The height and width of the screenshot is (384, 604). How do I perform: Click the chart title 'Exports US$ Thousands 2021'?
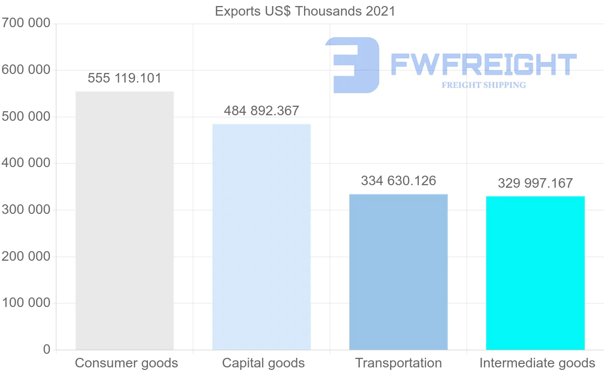tap(305, 11)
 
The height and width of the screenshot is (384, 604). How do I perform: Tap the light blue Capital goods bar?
tap(261, 237)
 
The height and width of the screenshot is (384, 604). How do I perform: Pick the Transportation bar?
tap(398, 272)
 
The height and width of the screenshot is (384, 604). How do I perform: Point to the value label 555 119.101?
tap(124, 79)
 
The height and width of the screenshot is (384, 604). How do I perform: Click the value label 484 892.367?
tap(261, 111)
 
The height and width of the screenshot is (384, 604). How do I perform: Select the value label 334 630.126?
tap(398, 181)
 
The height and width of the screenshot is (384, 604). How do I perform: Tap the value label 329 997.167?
tap(535, 183)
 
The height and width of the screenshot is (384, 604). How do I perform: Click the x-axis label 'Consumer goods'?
tap(126, 363)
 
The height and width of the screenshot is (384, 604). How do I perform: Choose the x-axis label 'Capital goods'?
tap(263, 363)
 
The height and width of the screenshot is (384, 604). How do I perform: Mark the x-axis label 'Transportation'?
tap(398, 363)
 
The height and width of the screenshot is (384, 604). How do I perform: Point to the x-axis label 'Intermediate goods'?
tap(537, 363)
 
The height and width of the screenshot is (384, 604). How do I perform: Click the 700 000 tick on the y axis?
tap(26, 23)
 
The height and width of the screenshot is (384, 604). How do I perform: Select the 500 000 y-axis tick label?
tap(26, 117)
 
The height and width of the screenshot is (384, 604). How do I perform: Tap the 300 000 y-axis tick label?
tap(26, 210)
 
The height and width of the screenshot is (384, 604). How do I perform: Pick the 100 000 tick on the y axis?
tap(26, 303)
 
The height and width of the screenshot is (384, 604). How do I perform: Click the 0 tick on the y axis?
tap(47, 349)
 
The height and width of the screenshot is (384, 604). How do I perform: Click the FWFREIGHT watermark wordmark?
tap(483, 64)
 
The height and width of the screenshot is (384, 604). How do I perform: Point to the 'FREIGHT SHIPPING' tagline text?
tap(483, 85)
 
